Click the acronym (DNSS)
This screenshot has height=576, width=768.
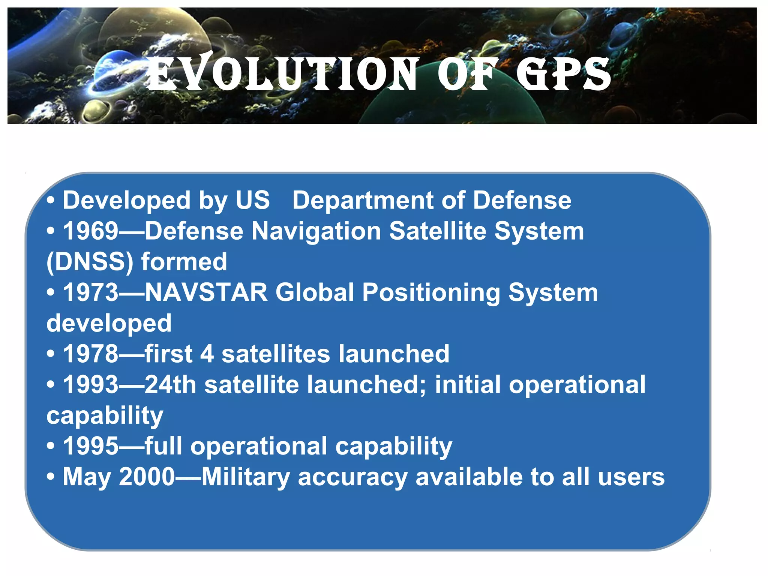90,261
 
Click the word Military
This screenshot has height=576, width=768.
246,477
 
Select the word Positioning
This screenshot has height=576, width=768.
431,292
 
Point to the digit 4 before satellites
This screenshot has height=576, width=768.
207,354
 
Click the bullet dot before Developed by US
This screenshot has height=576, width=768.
51,201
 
